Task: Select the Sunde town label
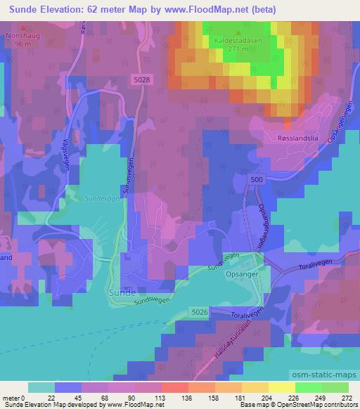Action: pyautogui.click(x=123, y=290)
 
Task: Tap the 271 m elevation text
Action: pyautogui.click(x=239, y=50)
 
